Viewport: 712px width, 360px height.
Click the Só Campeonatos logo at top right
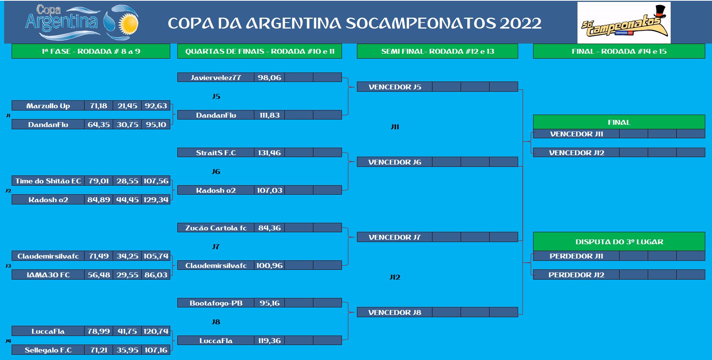624,23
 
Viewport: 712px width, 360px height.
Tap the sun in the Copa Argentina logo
128,23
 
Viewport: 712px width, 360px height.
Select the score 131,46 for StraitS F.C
269,153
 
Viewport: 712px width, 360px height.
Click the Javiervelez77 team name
216,77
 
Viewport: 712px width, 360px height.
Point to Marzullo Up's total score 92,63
156,106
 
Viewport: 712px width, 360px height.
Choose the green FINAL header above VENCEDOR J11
619,122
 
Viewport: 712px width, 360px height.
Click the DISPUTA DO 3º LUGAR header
619,242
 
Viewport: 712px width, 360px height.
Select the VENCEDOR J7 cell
395,237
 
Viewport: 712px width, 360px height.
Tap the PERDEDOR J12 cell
576,275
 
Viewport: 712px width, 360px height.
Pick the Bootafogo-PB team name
216,303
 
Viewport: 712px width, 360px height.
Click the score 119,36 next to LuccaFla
269,340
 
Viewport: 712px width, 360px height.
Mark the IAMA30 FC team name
48,275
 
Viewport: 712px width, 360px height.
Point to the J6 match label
216,171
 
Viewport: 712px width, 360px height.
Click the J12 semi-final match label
395,277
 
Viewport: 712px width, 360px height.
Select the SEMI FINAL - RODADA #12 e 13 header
437,51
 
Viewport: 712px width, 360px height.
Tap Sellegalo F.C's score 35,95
127,350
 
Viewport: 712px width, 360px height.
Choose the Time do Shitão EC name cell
48,181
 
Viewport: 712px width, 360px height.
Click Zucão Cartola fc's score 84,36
269,228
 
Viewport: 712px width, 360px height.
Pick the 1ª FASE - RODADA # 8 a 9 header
91,51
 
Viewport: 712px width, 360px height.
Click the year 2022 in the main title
520,23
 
